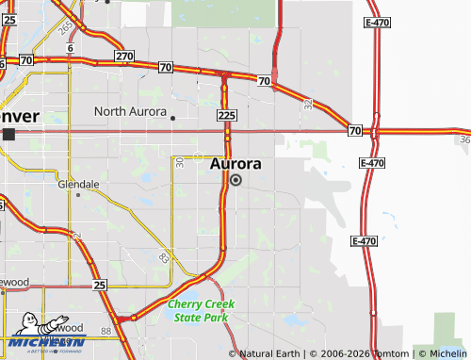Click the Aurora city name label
pos(235,164)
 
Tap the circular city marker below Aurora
pos(235,180)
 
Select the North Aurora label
pos(130,111)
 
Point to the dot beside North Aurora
pos(173,118)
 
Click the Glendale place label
pos(78,185)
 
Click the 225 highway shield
pos(225,115)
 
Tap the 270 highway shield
pos(124,57)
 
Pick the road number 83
pos(165,256)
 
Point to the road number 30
pos(179,163)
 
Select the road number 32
pos(308,106)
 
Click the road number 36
pos(464,139)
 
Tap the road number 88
pos(106,331)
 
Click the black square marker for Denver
pos(8,135)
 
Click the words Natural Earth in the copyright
pos(270,353)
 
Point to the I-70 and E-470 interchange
pos(374,130)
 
